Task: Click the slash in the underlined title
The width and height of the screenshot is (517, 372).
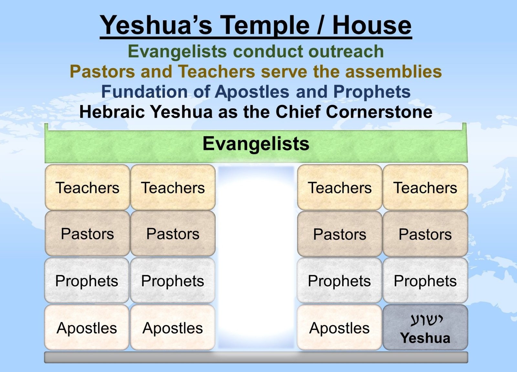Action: click(321, 26)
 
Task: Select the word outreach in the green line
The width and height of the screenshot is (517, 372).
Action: click(346, 51)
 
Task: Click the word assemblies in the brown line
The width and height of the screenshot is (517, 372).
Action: click(393, 71)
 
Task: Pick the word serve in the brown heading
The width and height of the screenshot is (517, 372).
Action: click(284, 71)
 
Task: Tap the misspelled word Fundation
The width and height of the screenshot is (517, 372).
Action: click(144, 92)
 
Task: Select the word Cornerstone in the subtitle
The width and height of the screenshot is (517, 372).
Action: click(379, 112)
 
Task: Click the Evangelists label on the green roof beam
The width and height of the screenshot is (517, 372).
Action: click(256, 143)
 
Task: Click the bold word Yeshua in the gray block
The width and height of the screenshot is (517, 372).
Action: click(425, 338)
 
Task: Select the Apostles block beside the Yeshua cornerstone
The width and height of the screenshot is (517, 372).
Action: click(339, 327)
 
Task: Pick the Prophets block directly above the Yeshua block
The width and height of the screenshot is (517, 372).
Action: click(425, 280)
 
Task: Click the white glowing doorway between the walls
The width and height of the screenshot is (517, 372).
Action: click(256, 257)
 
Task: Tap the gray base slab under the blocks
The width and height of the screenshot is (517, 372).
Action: click(256, 357)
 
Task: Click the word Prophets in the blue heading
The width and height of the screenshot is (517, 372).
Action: click(372, 92)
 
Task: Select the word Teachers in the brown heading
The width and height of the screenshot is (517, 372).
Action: click(216, 71)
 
